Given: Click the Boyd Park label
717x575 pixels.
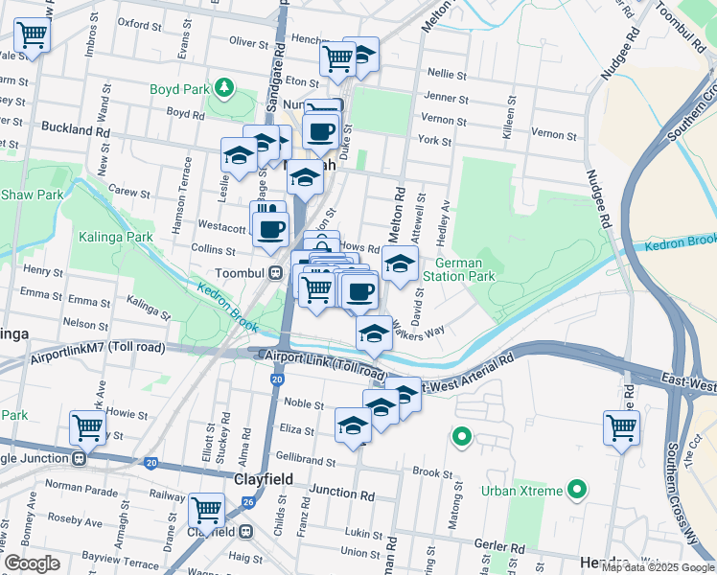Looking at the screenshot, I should [179, 89].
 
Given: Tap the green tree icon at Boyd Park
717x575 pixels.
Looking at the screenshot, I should [224, 89].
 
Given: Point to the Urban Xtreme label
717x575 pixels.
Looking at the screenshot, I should [521, 492].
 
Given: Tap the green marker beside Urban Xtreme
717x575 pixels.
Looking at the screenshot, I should [576, 492].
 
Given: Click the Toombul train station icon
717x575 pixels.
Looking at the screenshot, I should [275, 272].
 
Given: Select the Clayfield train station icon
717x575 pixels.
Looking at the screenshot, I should [246, 531].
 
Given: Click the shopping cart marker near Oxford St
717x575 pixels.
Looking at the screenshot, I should [33, 36].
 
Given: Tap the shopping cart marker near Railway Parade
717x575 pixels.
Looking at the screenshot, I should [206, 510].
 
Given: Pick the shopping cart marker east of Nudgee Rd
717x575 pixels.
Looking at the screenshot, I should [621, 426].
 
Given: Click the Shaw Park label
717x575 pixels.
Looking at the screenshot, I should [32, 195].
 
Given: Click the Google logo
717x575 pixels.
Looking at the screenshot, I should [33, 563].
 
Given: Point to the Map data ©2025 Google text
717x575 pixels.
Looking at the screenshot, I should [658, 567].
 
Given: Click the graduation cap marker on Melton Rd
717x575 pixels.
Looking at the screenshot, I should [400, 264].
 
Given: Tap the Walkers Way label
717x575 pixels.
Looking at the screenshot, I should [423, 332].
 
